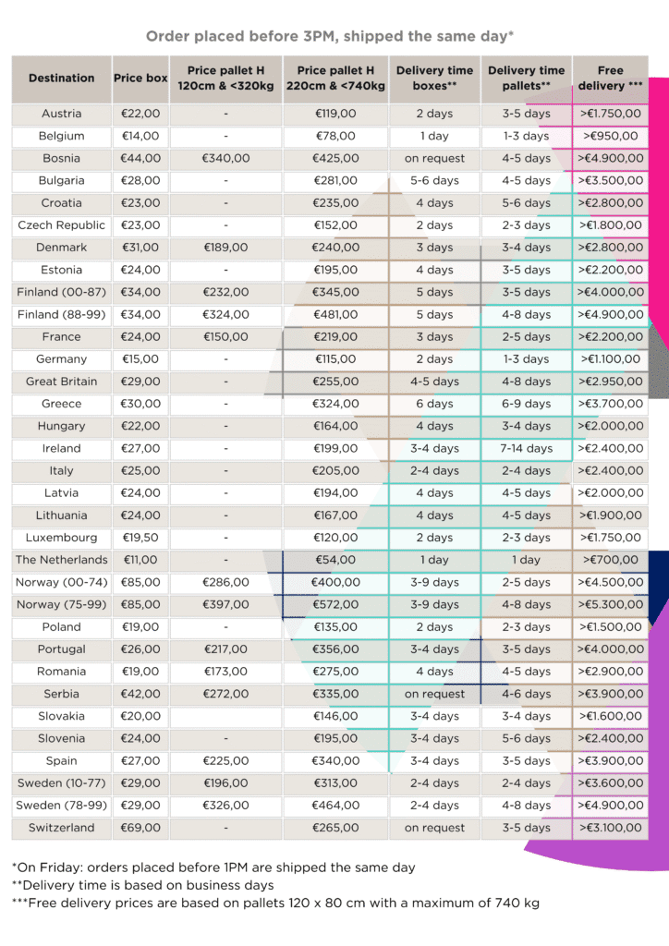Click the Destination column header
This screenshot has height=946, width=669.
(61, 79)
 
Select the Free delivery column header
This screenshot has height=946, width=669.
(610, 79)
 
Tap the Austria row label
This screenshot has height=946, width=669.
(61, 114)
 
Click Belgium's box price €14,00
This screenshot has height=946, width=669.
(140, 136)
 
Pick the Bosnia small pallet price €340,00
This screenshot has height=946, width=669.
(226, 158)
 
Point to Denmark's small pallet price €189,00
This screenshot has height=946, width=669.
(226, 248)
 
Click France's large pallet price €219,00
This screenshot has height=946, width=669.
(336, 337)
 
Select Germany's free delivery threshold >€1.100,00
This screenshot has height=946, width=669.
(610, 359)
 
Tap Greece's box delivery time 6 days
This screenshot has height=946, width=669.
(434, 404)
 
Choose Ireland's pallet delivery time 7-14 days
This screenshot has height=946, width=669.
(526, 448)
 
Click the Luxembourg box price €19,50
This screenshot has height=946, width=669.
(140, 538)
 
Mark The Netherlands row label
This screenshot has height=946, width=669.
(61, 560)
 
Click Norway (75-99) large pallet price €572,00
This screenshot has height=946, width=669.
(336, 604)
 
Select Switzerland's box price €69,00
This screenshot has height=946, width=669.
(140, 828)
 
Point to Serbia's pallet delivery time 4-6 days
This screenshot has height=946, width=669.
(526, 694)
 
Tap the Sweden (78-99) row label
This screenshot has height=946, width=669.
(61, 806)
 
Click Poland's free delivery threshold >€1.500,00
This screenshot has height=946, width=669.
(610, 626)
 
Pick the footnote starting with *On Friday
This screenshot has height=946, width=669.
(213, 867)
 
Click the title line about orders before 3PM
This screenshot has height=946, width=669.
(330, 37)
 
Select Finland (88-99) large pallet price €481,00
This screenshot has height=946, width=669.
(336, 314)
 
